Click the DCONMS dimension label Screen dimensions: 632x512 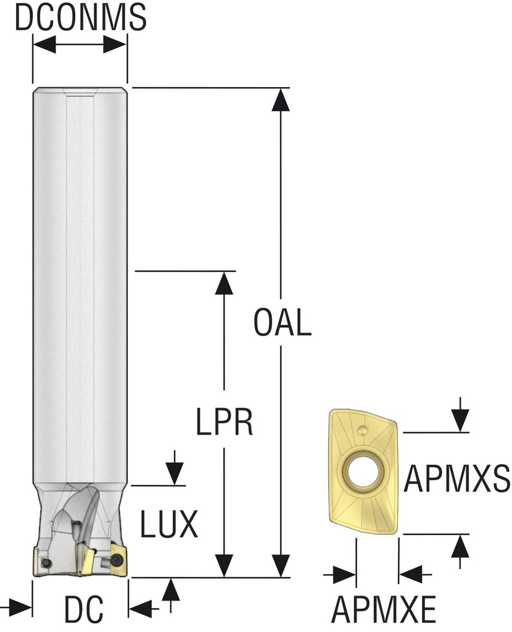click(x=80, y=18)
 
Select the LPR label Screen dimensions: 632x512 click(x=225, y=423)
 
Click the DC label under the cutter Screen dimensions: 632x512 click(x=83, y=610)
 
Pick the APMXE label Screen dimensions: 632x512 click(x=384, y=610)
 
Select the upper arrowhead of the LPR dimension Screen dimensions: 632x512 click(x=225, y=283)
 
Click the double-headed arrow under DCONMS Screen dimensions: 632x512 click(x=80, y=44)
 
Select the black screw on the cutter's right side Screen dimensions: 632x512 click(x=117, y=559)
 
